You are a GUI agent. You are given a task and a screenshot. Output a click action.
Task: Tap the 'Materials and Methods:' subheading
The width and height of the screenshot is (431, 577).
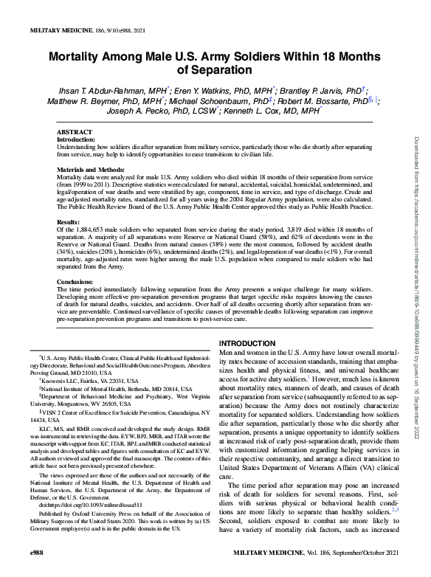89,170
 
